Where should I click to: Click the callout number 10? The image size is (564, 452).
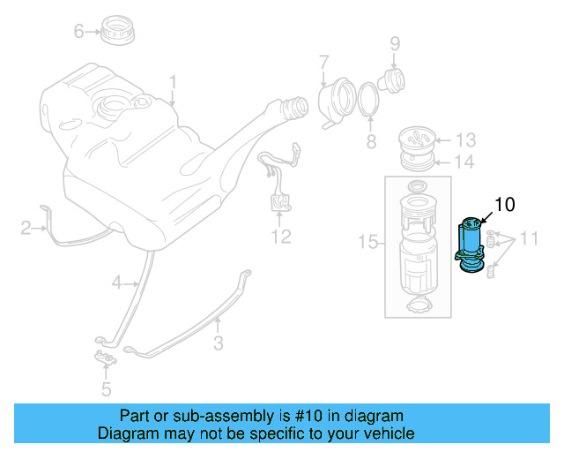pos(504,205)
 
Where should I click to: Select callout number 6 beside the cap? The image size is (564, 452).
pos(78,32)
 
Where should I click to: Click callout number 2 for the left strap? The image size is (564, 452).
pos(26,230)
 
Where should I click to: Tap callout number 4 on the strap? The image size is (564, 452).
pos(115,282)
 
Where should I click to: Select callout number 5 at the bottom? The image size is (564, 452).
pos(106,388)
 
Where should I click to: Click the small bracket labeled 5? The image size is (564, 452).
pos(104,358)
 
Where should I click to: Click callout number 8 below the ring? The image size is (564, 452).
pos(370,141)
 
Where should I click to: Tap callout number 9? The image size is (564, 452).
pos(395,41)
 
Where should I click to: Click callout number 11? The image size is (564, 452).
pos(528,237)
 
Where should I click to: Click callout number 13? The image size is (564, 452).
pos(465,139)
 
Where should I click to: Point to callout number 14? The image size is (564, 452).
pos(464,162)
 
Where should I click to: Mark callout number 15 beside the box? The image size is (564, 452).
pos(367,240)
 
